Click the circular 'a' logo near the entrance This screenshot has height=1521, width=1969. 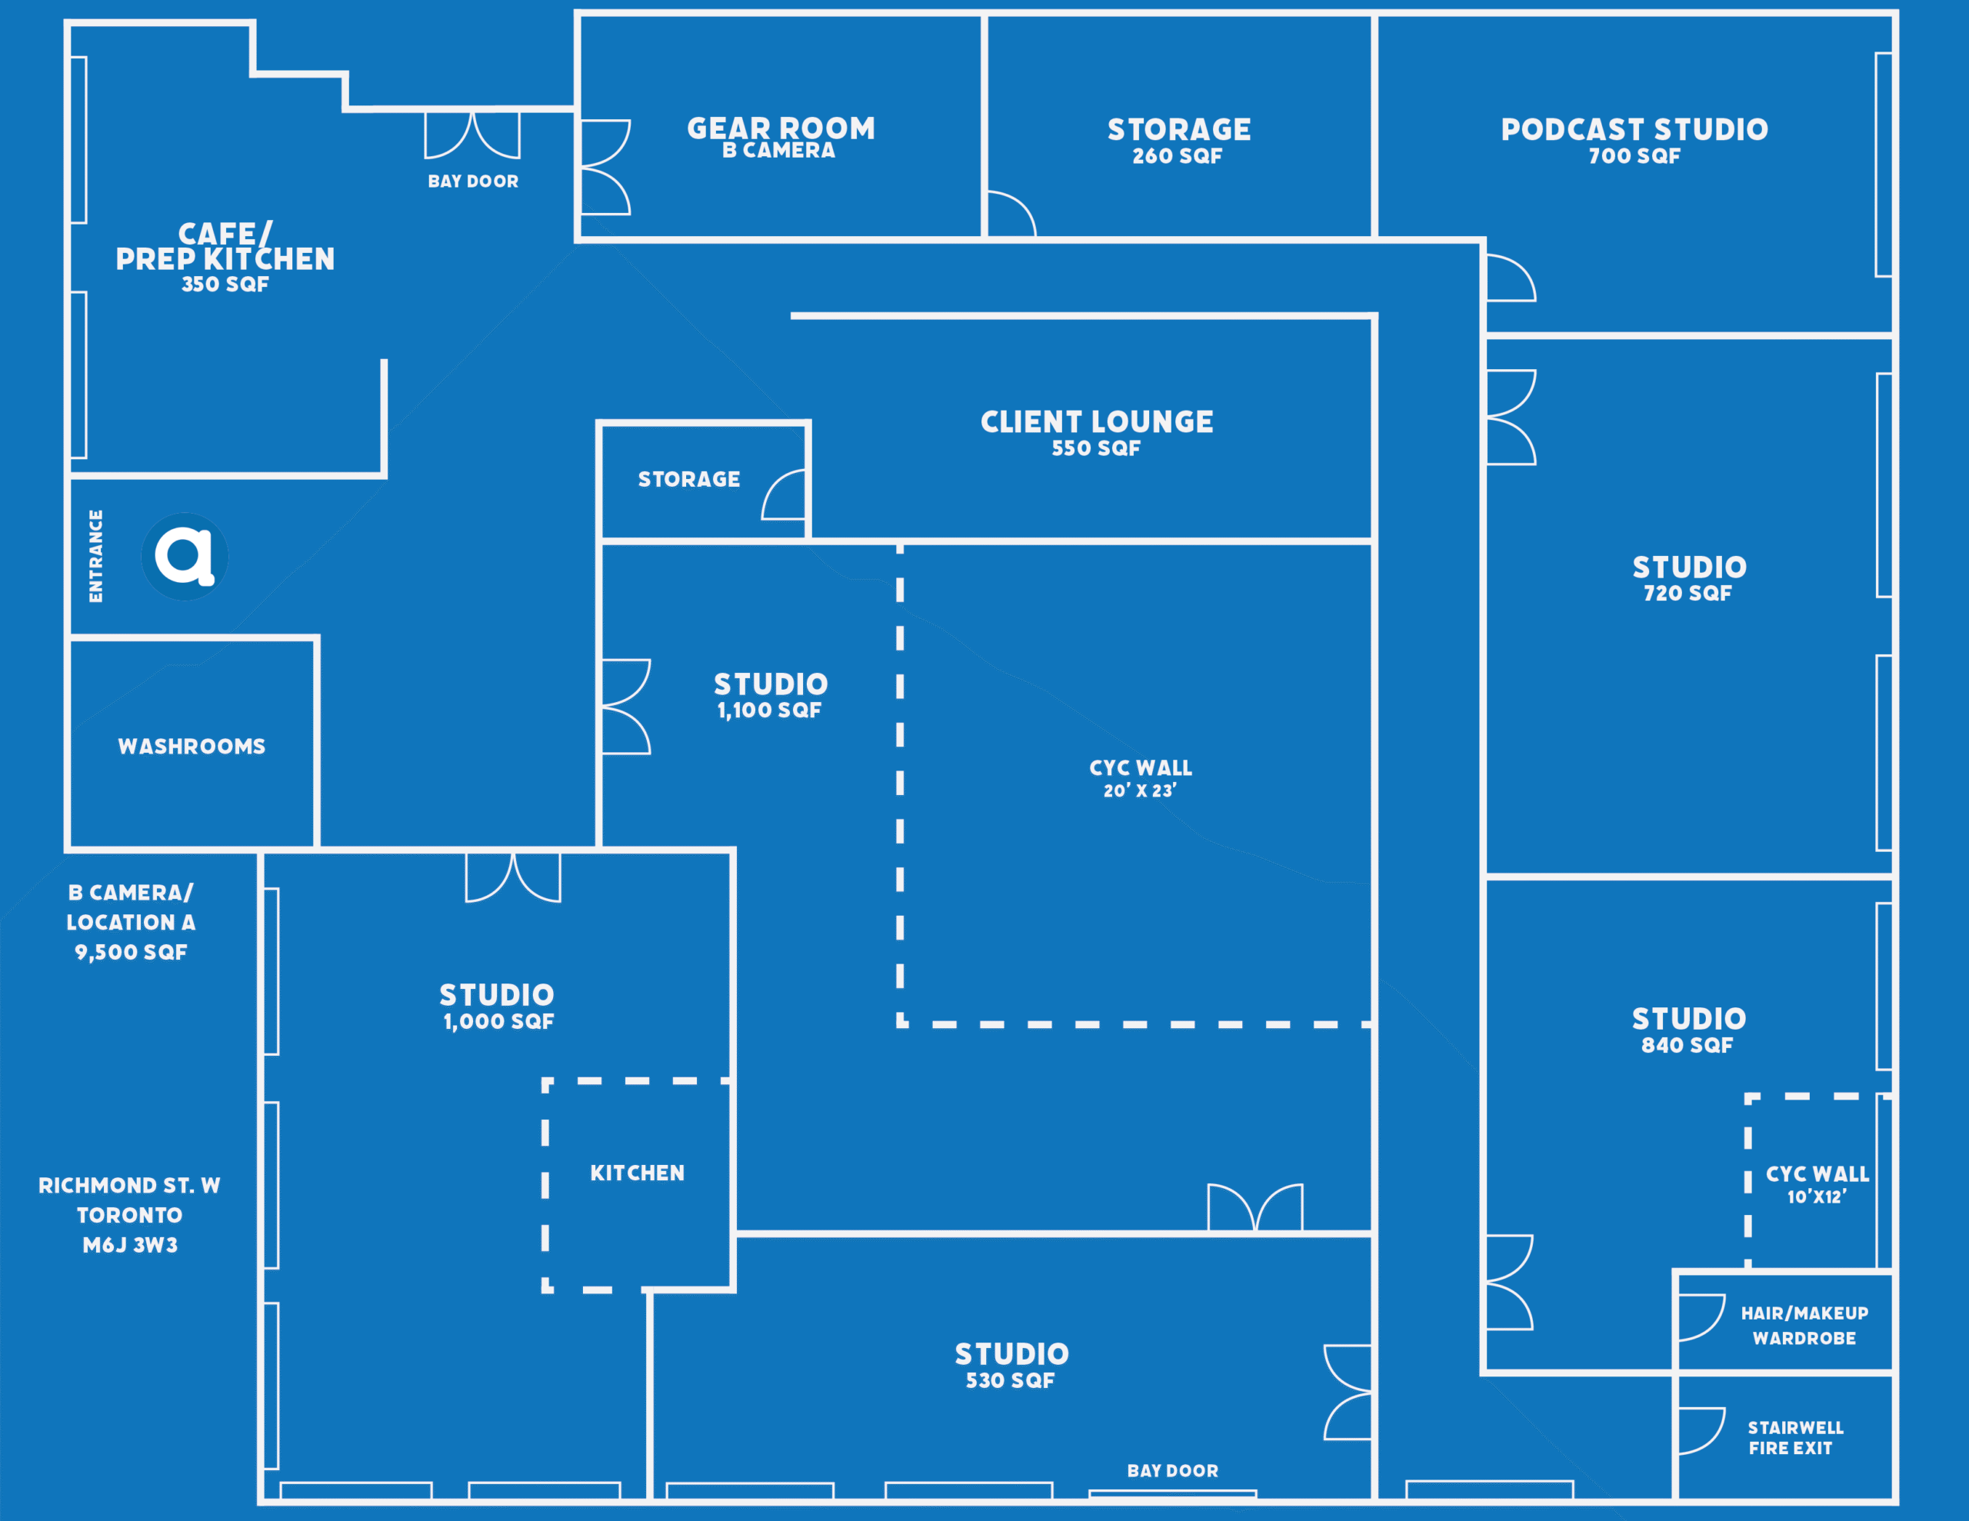[185, 556]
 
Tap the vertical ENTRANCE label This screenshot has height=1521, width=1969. [95, 556]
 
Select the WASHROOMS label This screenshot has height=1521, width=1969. [192, 747]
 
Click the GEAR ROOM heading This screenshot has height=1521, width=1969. [781, 128]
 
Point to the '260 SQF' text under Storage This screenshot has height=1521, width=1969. [1178, 156]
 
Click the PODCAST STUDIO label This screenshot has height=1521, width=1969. [1634, 129]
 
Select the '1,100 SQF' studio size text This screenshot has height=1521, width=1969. [769, 711]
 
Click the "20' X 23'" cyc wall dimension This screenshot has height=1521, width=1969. [1141, 790]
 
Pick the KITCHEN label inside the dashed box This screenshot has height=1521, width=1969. [638, 1173]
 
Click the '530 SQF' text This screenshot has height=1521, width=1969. [1011, 1380]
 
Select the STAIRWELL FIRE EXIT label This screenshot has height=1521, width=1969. [1795, 1437]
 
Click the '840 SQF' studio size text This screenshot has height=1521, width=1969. [1687, 1045]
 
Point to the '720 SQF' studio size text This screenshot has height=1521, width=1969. [1687, 594]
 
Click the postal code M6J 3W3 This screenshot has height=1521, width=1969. [130, 1245]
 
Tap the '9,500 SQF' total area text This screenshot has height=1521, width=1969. [131, 952]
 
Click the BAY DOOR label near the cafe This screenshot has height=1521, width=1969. [473, 181]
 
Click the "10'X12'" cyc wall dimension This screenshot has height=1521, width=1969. [1817, 1196]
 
